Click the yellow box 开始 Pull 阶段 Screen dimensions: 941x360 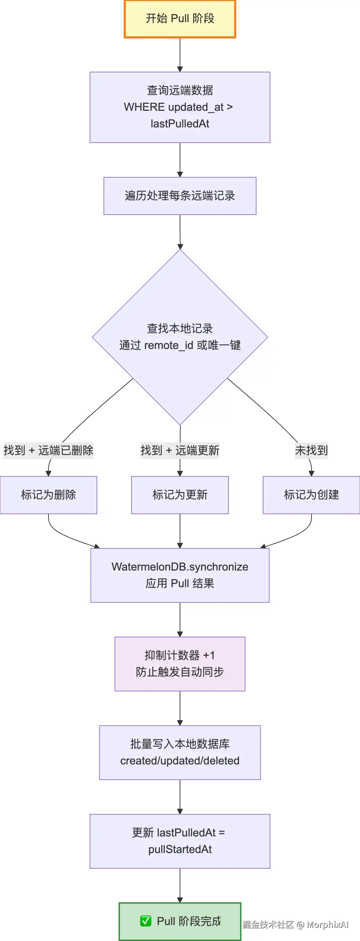coord(180,19)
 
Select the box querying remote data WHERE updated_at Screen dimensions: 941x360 coord(180,107)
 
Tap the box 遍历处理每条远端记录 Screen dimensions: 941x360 coord(180,196)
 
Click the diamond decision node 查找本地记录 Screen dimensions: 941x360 coord(180,337)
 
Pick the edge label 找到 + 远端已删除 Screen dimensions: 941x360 coord(48,450)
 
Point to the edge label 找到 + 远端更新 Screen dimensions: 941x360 coord(180,450)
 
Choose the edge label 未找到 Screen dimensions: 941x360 coord(311,450)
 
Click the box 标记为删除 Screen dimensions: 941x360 coord(48,495)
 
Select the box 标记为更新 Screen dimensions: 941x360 coord(180,495)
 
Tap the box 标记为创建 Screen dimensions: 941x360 coord(311,495)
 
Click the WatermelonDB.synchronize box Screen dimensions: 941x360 coord(180,575)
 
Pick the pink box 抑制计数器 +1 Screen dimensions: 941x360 coord(180,664)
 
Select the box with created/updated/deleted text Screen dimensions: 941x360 coord(180,753)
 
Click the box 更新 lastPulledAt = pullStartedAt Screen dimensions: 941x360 coord(180,841)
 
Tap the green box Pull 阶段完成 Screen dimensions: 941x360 coord(180,921)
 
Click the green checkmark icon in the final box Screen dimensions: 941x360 coord(146,921)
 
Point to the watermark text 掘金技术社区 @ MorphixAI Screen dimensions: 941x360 coord(295,925)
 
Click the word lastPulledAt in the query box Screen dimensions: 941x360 coord(180,124)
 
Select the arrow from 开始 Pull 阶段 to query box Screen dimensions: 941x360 coord(180,55)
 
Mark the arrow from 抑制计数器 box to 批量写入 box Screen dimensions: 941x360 coord(180,708)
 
